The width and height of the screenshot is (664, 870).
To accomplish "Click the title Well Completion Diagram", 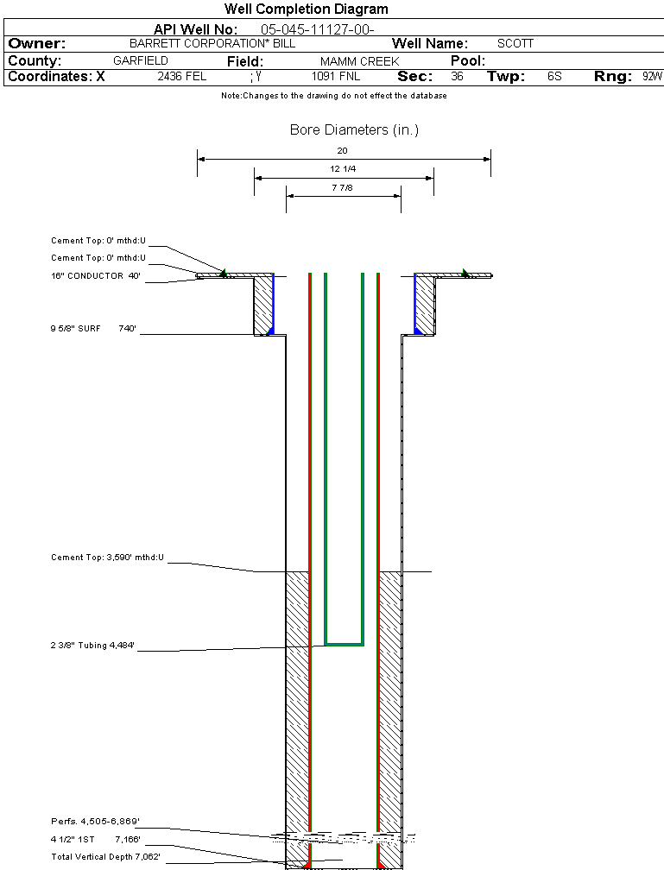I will click(307, 9).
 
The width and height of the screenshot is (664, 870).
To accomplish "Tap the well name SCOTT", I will click(515, 43).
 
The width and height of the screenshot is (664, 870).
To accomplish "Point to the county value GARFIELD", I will click(141, 61).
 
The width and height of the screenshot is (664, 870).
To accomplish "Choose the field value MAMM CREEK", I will click(359, 61).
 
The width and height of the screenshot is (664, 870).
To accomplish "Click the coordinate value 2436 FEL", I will click(182, 77).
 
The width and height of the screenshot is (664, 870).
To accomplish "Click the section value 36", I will click(457, 77).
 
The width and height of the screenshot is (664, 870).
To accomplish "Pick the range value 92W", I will click(652, 77).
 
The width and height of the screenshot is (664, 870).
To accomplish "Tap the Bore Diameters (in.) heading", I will click(354, 130).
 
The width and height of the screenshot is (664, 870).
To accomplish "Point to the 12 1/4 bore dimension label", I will click(343, 168).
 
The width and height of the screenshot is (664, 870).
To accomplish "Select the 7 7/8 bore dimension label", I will click(343, 187).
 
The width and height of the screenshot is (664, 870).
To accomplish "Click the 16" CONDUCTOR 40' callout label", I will click(96, 276).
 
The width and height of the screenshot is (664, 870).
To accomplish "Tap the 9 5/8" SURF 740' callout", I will click(94, 328).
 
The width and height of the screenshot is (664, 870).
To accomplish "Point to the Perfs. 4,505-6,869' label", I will click(95, 821).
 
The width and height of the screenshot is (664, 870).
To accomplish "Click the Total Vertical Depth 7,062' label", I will click(105, 856).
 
